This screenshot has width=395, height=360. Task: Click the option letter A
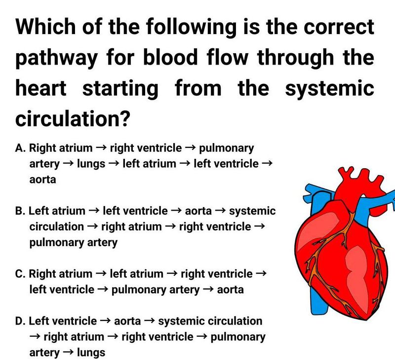[20, 148]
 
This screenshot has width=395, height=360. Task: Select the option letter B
[20, 211]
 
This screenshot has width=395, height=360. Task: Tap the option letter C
[20, 274]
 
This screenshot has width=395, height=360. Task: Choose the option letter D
[20, 322]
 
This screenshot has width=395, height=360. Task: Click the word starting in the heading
[120, 89]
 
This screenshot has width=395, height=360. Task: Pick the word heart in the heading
[41, 89]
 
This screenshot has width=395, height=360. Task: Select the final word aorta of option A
[42, 180]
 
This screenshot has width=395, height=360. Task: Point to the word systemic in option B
[252, 211]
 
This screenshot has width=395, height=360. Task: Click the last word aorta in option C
[230, 289]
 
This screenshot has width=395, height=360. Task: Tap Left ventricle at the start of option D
[63, 322]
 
